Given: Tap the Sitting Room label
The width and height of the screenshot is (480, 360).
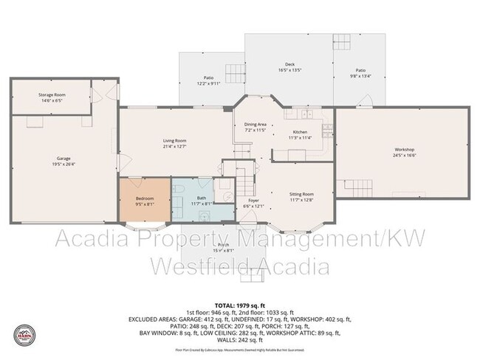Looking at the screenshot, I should click(x=301, y=194).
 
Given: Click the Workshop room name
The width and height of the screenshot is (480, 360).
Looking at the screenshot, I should click(x=404, y=150).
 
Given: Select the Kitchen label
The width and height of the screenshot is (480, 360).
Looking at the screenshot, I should click(x=300, y=132).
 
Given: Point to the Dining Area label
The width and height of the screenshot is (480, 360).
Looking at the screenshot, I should click(x=255, y=125).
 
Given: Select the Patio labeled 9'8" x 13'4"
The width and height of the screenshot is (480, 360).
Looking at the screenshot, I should click(x=360, y=70).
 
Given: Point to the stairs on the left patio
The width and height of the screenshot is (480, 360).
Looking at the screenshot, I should click(x=234, y=73).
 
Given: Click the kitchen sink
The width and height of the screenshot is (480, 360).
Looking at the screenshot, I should click(x=307, y=114).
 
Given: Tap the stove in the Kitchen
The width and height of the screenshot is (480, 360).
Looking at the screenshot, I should click(x=328, y=128).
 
